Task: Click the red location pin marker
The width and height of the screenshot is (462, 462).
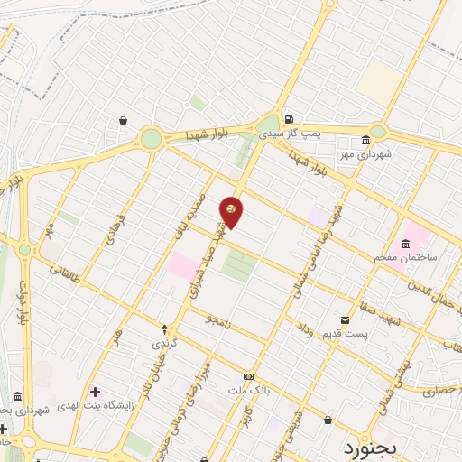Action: [x=232, y=211]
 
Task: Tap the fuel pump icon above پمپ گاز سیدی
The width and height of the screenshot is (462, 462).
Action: [x=288, y=119]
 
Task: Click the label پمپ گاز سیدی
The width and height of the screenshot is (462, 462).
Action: [x=291, y=133]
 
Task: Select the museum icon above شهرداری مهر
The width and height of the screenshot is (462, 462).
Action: [x=365, y=141]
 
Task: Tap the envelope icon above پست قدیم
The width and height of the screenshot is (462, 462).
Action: [x=345, y=320]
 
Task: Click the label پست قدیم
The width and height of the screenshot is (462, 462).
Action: [x=345, y=335]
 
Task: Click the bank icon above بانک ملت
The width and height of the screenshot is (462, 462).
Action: [x=249, y=376]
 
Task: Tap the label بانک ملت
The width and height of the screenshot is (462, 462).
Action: [x=249, y=390]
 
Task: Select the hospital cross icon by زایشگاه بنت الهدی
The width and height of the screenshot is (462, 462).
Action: [x=97, y=393]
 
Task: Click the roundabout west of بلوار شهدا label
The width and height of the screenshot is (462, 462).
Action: [x=151, y=138]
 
